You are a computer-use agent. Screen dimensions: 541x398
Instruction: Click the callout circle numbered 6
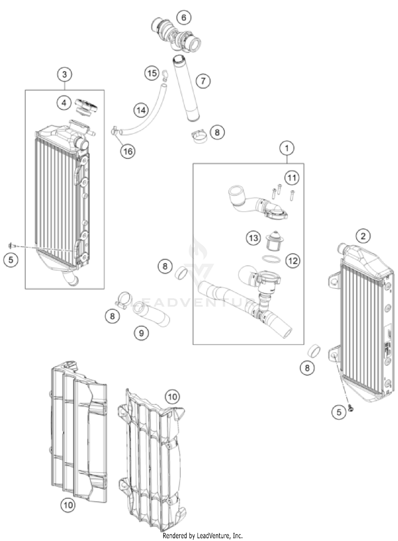click(184, 18)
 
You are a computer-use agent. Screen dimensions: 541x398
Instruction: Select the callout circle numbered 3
click(64, 74)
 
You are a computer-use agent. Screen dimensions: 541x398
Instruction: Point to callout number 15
click(152, 73)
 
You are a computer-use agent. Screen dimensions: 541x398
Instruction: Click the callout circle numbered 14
click(141, 110)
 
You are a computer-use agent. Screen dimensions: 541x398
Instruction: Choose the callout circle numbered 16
click(128, 151)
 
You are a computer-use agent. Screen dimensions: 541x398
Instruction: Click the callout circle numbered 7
click(203, 81)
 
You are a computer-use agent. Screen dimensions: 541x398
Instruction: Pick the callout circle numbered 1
click(287, 148)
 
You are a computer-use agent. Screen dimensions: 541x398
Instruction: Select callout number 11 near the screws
click(292, 178)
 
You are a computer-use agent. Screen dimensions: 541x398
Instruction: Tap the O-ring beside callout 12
click(271, 259)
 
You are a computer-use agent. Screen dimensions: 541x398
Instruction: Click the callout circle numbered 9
click(141, 333)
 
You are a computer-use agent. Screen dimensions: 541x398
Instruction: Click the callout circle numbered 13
click(253, 238)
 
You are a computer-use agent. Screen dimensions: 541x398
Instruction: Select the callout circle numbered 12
click(293, 261)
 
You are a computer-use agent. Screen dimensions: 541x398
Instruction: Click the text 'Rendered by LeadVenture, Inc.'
click(203, 536)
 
